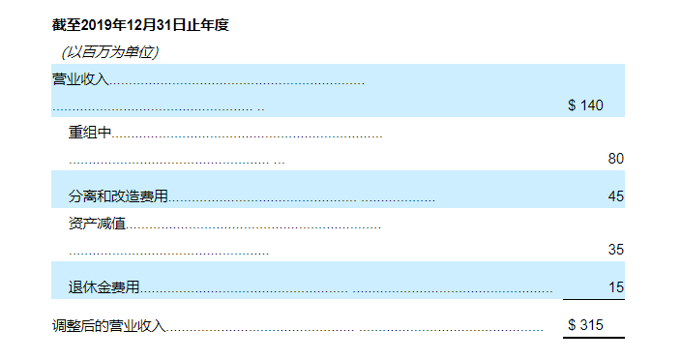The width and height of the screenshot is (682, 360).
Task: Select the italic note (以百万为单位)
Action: pos(109,51)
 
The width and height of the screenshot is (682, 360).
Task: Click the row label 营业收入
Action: pos(80,78)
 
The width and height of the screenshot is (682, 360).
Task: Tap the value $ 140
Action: pos(585,105)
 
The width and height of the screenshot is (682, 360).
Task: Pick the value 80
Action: pos(615,159)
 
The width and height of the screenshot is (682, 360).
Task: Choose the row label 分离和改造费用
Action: pos(118,196)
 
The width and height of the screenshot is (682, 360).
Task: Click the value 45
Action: pos(615,196)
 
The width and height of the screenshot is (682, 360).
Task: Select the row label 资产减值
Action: pos(98,225)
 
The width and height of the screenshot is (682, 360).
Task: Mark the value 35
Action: pos(615,249)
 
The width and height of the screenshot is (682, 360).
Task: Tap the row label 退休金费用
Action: pos(104,286)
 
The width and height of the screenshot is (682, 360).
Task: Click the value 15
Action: pos(615,287)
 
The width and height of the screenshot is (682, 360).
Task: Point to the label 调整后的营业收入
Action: pos(108,326)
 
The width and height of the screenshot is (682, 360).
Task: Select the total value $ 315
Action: pos(585,325)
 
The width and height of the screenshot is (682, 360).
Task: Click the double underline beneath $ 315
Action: pos(593,338)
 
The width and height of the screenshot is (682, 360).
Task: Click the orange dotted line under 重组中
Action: pos(174,161)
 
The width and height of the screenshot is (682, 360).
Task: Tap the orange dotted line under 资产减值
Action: pos(169,254)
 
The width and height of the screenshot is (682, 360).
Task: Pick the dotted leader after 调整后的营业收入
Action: pos(358,329)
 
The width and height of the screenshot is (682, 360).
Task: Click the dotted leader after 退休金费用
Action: pos(348,290)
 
